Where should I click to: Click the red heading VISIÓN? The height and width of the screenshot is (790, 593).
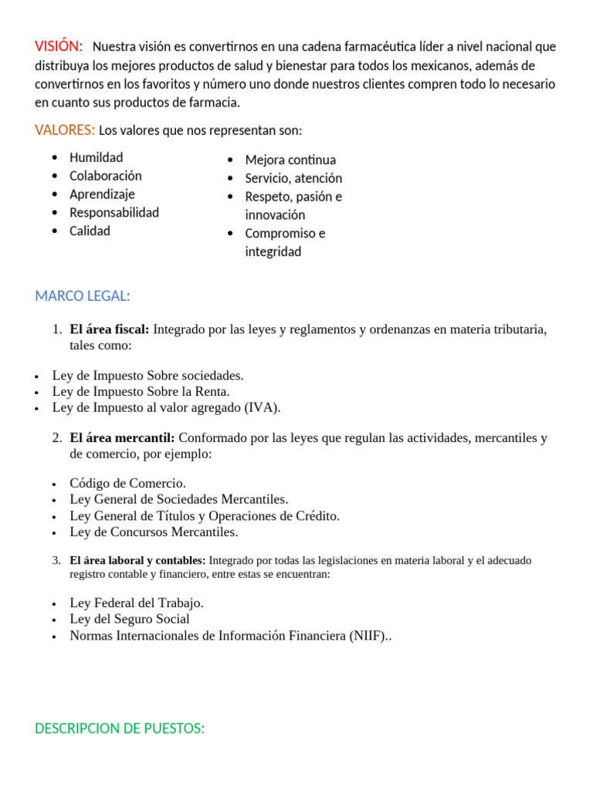point(59,46)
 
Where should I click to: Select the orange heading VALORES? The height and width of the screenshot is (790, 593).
point(65,130)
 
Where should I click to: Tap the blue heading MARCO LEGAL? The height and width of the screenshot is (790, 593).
point(83,295)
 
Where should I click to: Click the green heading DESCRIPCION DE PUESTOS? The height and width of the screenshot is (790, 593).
point(120,728)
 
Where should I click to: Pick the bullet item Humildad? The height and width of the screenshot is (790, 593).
point(96,157)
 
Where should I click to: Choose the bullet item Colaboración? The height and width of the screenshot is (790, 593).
point(106,176)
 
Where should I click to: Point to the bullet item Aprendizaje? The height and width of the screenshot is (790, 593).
point(102,194)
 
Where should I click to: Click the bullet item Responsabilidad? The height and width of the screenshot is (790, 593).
point(114,212)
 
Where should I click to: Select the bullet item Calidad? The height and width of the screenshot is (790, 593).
point(90,231)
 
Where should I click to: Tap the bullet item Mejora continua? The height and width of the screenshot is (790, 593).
point(290,160)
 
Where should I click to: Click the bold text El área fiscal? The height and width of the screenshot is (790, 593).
point(110,329)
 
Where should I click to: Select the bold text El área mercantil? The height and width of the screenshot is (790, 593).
point(122,437)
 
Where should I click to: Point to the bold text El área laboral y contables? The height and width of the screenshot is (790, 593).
point(137,561)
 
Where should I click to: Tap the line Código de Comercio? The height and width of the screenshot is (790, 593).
point(127,483)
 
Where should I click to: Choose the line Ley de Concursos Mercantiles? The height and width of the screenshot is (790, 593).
point(154,532)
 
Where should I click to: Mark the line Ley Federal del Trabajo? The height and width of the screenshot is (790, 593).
point(137,603)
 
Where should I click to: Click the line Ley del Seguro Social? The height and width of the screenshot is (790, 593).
point(130,619)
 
